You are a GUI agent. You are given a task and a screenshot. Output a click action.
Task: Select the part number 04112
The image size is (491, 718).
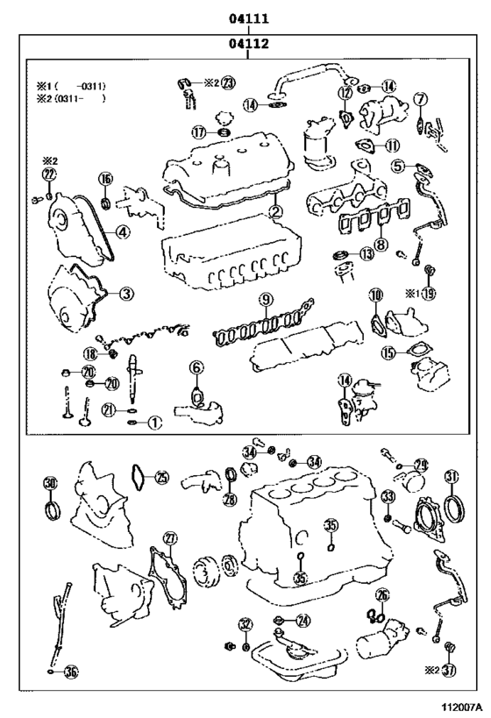tap(249, 41)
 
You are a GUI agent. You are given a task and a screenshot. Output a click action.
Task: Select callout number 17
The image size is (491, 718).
tap(200, 132)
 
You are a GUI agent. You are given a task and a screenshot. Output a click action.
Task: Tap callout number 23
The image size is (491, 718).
tap(228, 83)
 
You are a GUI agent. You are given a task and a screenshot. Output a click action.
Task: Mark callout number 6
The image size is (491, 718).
tap(196, 367)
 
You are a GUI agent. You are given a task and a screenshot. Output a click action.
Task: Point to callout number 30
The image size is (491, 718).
tap(50, 483)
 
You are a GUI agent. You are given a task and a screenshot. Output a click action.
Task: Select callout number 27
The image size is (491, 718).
tap(170, 538)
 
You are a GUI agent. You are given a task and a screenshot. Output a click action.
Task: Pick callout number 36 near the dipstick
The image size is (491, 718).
tap(71, 672)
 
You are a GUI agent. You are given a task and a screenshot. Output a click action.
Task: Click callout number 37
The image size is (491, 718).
tap(450, 671)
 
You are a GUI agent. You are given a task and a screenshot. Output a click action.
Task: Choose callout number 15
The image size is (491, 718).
tap(388, 353)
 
